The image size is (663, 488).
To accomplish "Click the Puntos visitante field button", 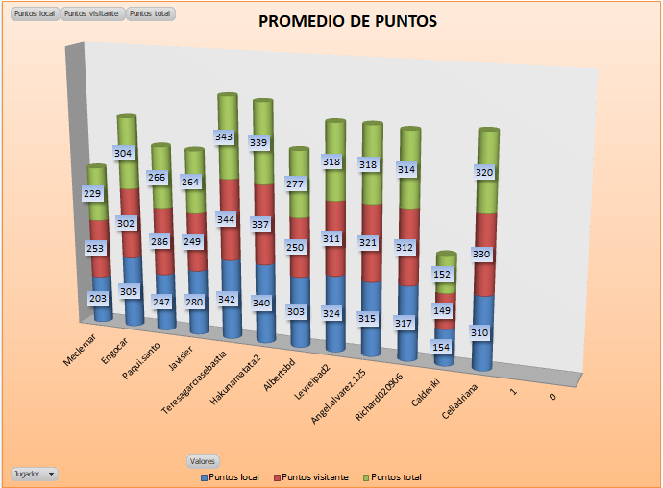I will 92,14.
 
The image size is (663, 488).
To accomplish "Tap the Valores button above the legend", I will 202,461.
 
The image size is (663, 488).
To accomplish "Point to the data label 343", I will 225,137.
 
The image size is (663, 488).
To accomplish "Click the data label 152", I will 444,274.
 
